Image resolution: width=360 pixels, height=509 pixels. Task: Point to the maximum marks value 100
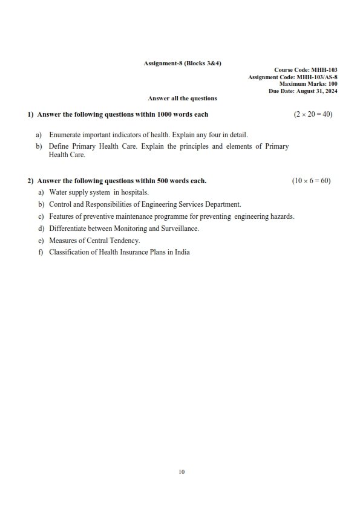[333, 84]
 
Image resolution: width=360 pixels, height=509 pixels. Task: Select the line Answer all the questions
[182, 98]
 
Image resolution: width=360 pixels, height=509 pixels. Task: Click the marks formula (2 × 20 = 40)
[313, 114]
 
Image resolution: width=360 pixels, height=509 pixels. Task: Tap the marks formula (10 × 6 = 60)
[311, 181]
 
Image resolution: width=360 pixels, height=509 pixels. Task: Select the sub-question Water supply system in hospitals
[99, 192]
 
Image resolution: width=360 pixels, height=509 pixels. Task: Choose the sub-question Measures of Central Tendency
[94, 241]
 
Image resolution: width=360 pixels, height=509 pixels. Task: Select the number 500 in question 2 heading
[163, 181]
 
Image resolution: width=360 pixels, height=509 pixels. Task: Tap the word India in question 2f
[182, 252]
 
